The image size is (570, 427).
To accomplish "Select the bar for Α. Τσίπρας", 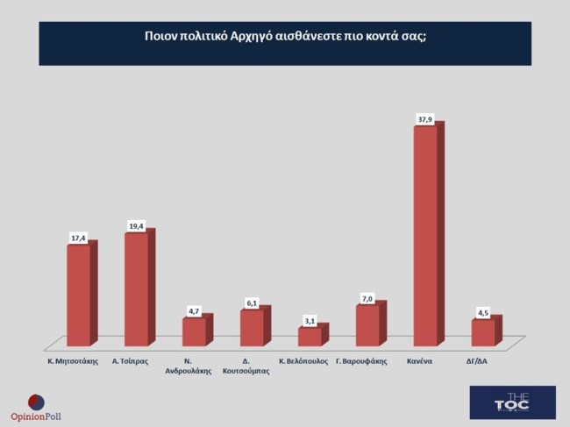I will [x=137, y=289].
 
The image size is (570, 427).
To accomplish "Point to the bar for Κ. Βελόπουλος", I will [x=310, y=337].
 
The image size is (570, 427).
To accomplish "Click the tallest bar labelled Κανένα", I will [x=425, y=237].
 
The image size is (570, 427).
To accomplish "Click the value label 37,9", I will [x=424, y=118].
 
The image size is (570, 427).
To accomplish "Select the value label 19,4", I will [x=136, y=225].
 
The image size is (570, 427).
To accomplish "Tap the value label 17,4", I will [x=79, y=238].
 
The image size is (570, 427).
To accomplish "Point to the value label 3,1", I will [x=310, y=321].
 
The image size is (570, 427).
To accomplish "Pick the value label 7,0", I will [x=367, y=299].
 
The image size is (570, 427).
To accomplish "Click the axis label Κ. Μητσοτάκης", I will [x=72, y=360].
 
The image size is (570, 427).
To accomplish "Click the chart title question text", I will [x=285, y=37].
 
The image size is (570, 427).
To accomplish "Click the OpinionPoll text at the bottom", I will [x=36, y=416].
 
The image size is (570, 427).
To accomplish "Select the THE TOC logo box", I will [x=512, y=402].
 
